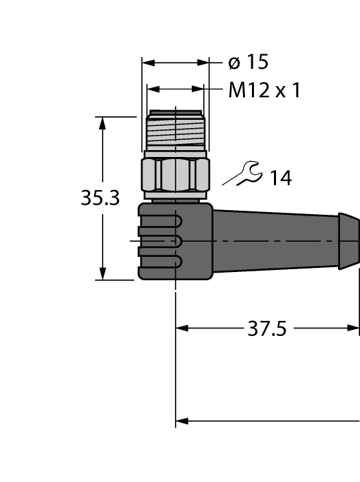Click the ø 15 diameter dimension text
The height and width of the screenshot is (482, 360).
248,63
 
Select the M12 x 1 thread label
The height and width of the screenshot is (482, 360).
264,90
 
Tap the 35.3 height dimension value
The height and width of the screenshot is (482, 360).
100,198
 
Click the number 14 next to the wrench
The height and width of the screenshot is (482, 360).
280,178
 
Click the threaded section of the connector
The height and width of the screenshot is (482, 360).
176,130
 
